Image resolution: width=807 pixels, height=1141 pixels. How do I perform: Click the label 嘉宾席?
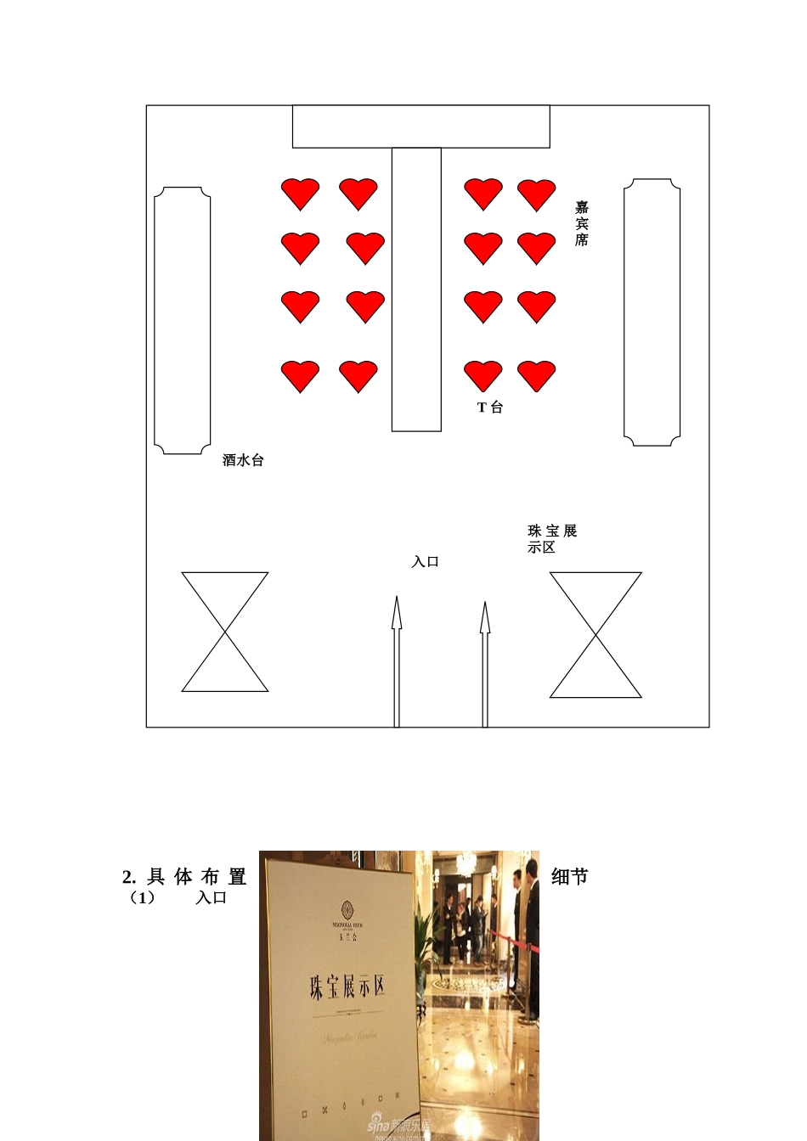[x=582, y=223]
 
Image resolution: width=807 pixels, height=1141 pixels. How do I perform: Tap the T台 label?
[x=490, y=407]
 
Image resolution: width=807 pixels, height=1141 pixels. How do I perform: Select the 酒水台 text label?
[x=243, y=460]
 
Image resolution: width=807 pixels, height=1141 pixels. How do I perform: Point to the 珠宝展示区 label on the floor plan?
[x=552, y=539]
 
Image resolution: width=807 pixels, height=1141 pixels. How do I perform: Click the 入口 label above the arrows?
[x=425, y=562]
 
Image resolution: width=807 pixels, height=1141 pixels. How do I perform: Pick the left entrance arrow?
[x=397, y=662]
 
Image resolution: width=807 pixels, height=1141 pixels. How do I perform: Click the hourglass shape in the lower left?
[x=225, y=632]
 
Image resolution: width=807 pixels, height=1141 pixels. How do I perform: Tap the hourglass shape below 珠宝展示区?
[x=595, y=635]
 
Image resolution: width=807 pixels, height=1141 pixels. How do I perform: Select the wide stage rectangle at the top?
[x=421, y=126]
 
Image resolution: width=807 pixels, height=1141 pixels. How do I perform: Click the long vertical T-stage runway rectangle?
[x=416, y=289]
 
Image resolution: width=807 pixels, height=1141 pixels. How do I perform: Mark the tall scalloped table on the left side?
[x=183, y=321]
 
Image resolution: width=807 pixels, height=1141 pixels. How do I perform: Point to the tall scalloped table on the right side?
[x=652, y=312]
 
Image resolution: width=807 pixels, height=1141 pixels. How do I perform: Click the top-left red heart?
[x=301, y=194]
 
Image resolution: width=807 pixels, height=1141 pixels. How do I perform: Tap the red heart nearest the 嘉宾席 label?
[x=537, y=194]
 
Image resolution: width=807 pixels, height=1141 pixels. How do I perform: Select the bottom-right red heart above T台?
[x=537, y=375]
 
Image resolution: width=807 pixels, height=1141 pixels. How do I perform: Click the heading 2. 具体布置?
[x=184, y=877]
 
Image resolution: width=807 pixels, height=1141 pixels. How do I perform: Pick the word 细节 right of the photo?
[x=570, y=877]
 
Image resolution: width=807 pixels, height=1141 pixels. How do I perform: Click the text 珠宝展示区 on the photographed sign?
[x=347, y=986]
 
